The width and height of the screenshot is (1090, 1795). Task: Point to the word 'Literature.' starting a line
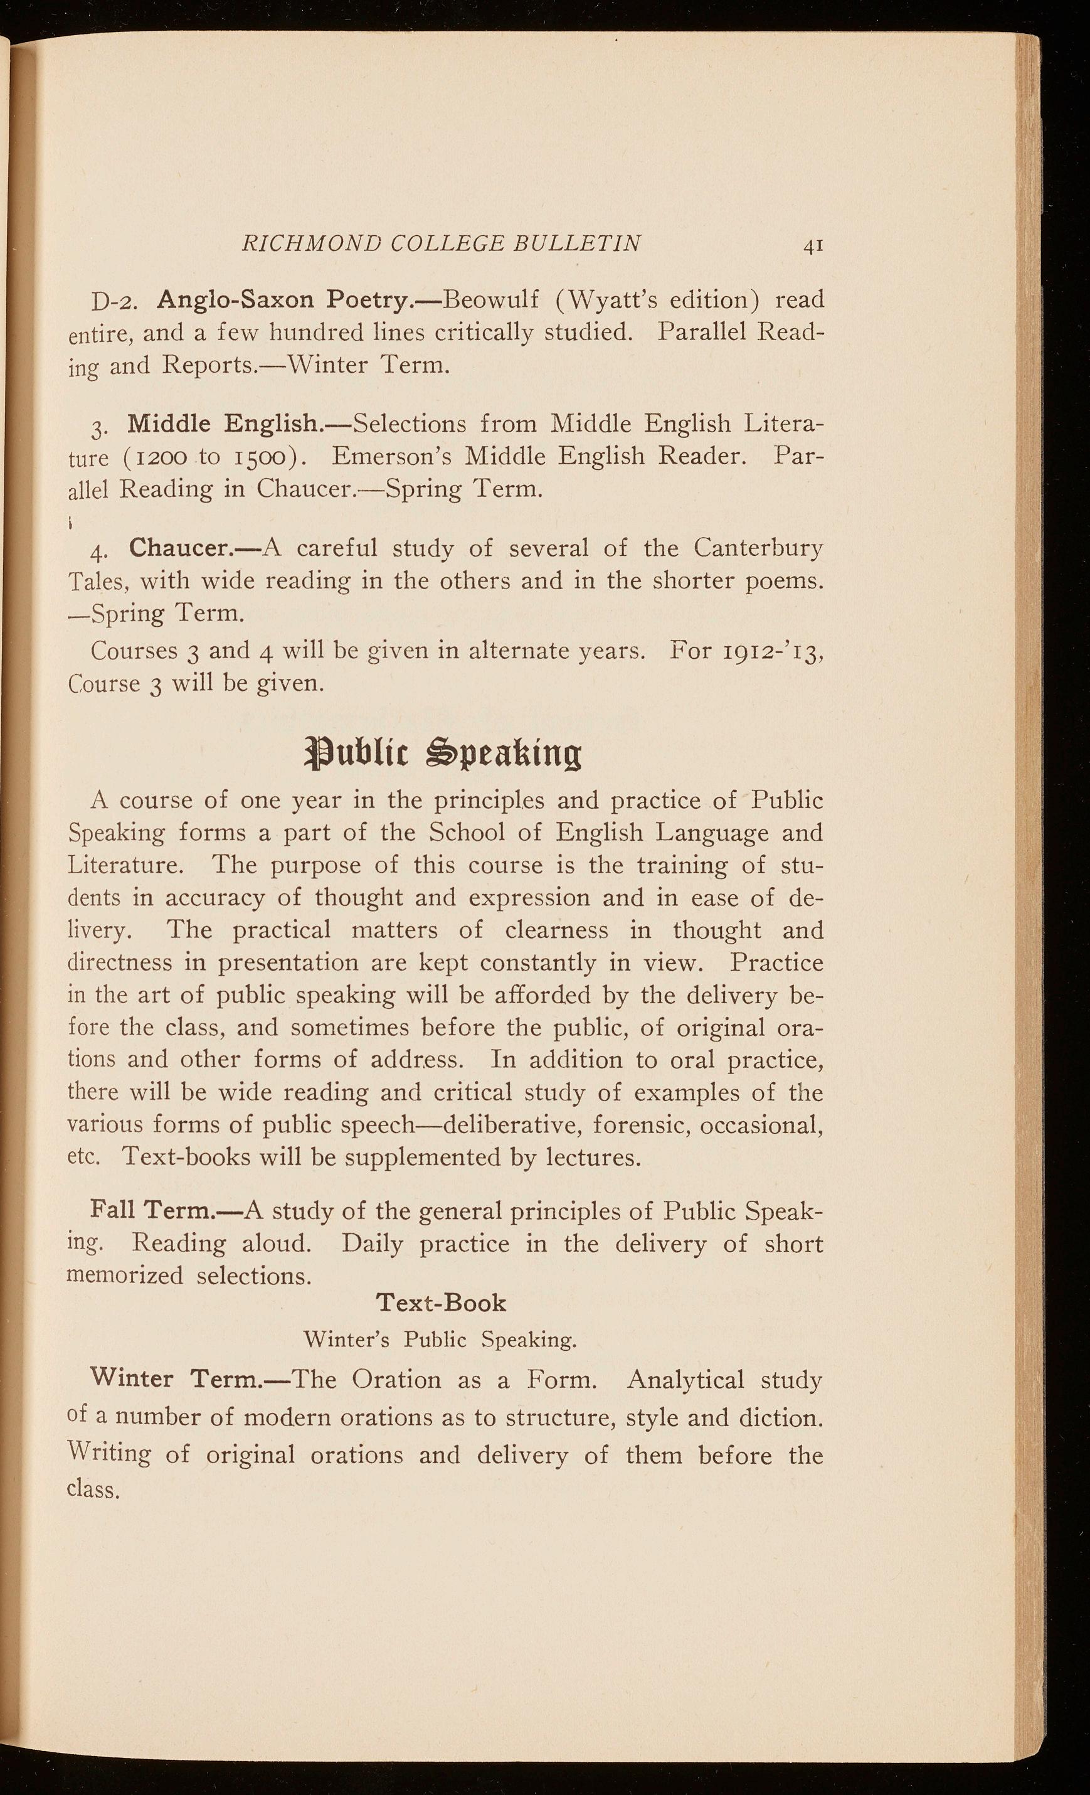125,865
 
